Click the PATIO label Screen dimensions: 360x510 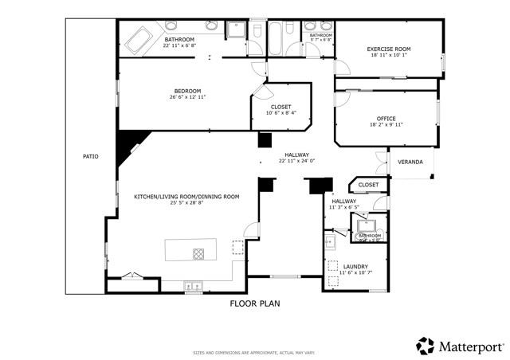[x=91, y=156]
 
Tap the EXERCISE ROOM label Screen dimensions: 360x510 [x=388, y=49]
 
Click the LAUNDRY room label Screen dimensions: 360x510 [x=355, y=266]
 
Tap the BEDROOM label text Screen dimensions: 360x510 [x=188, y=91]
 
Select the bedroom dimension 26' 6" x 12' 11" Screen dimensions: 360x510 [x=188, y=97]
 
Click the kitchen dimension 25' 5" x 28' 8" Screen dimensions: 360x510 [x=186, y=202]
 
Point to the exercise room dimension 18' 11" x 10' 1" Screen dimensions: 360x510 [x=388, y=56]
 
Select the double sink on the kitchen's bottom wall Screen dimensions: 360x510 [x=193, y=285]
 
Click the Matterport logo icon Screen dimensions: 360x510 [x=426, y=346]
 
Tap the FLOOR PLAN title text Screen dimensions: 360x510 [x=255, y=303]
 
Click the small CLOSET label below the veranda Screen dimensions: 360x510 [x=368, y=185]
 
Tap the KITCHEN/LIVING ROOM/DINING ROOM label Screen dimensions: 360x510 [x=186, y=196]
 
